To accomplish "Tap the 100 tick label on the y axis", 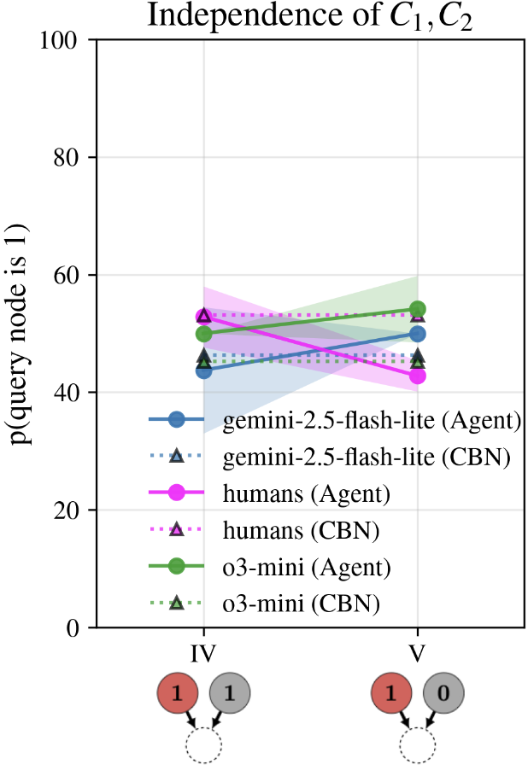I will point(65,40).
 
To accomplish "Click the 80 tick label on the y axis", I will point(70,158).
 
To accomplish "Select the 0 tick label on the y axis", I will point(76,627).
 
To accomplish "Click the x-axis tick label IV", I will point(203,653).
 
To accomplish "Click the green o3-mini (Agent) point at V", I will point(418,309).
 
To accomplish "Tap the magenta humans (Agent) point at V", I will point(418,376).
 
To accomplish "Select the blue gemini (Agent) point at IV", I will point(203,370).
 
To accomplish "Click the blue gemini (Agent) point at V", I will point(418,334).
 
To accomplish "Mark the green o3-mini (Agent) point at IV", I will point(203,334).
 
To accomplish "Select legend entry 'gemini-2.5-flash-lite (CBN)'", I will point(367,457).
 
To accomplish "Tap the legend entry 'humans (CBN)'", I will point(300,530).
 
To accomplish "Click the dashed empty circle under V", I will point(418,744).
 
